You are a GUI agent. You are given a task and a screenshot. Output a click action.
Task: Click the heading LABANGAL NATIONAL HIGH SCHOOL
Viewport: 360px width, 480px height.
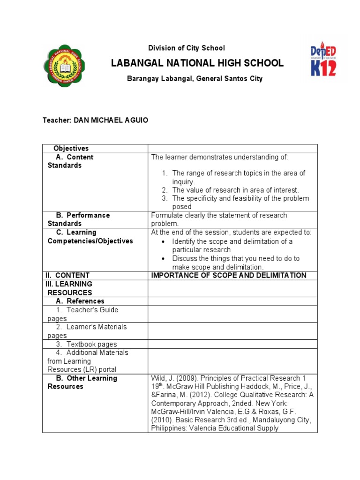coord(197,63)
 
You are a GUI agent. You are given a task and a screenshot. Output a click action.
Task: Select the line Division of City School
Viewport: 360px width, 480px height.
coord(187,48)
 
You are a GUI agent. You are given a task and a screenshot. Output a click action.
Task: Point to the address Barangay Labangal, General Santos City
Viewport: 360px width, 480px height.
coord(195,79)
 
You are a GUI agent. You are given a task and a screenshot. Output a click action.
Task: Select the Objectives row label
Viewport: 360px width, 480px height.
coord(71,149)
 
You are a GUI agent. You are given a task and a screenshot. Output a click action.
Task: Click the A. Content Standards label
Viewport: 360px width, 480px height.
coord(70,161)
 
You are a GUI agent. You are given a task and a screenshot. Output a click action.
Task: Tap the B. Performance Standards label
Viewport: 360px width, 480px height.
coord(79,219)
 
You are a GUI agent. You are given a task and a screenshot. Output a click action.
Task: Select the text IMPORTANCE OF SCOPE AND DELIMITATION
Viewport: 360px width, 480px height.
coord(228,275)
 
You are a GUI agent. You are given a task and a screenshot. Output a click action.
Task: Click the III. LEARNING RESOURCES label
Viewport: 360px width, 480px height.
coord(70,288)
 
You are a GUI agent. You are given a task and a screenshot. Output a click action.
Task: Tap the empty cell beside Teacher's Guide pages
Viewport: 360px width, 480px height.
coord(232,314)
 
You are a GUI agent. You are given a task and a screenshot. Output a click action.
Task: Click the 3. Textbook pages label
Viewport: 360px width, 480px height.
coord(86,344)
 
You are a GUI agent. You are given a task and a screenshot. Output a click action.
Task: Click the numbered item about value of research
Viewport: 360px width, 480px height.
coord(235,190)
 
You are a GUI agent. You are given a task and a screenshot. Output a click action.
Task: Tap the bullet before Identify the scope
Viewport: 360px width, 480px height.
coord(163,241)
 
